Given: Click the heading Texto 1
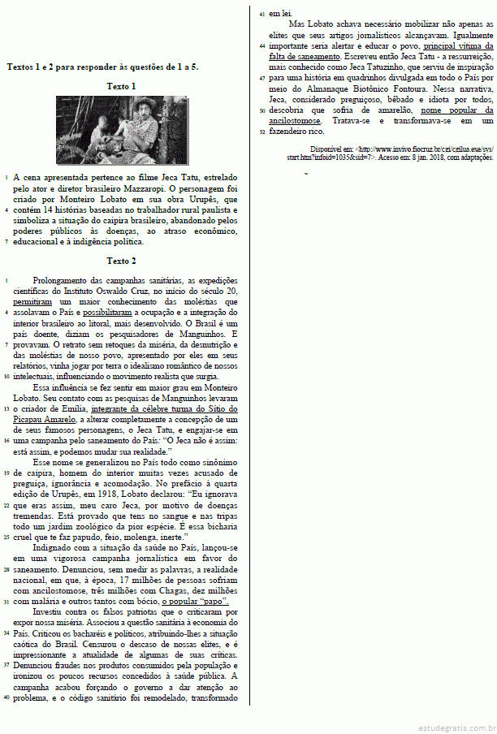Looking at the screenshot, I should [x=121, y=85].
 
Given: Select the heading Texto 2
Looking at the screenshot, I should [x=121, y=261].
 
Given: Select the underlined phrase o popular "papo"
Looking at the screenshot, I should [x=194, y=602].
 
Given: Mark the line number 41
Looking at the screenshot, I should [x=261, y=14].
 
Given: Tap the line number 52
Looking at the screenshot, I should [x=261, y=131].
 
